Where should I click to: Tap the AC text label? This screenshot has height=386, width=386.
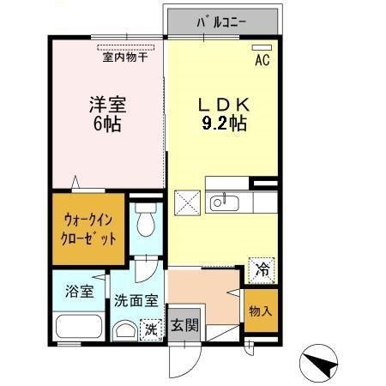(x=262, y=60)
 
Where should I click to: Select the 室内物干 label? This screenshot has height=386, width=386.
(x=125, y=57)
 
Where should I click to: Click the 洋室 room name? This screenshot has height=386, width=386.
(x=108, y=106)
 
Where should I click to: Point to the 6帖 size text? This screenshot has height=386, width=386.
(x=108, y=125)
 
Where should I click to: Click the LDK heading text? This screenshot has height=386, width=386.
(x=221, y=106)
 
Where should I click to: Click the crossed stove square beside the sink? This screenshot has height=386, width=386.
(x=188, y=202)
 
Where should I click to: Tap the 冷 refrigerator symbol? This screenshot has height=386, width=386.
(x=262, y=269)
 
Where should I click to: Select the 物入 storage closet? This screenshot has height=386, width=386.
(x=262, y=311)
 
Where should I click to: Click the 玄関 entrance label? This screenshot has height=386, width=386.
(x=184, y=326)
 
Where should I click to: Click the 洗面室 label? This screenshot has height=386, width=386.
(x=135, y=301)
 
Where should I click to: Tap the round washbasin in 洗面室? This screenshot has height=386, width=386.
(x=125, y=330)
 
